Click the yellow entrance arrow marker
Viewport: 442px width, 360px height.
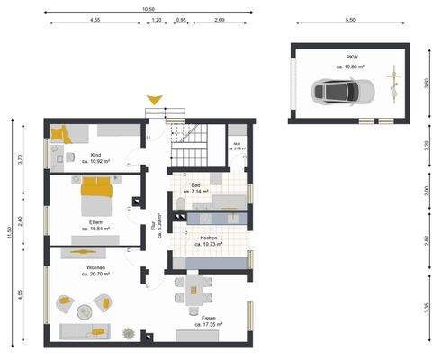tap(156, 100)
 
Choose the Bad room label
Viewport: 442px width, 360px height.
tap(196, 188)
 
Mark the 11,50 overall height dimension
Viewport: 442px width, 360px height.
tap(9, 231)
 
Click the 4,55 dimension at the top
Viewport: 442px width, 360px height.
tap(95, 19)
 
